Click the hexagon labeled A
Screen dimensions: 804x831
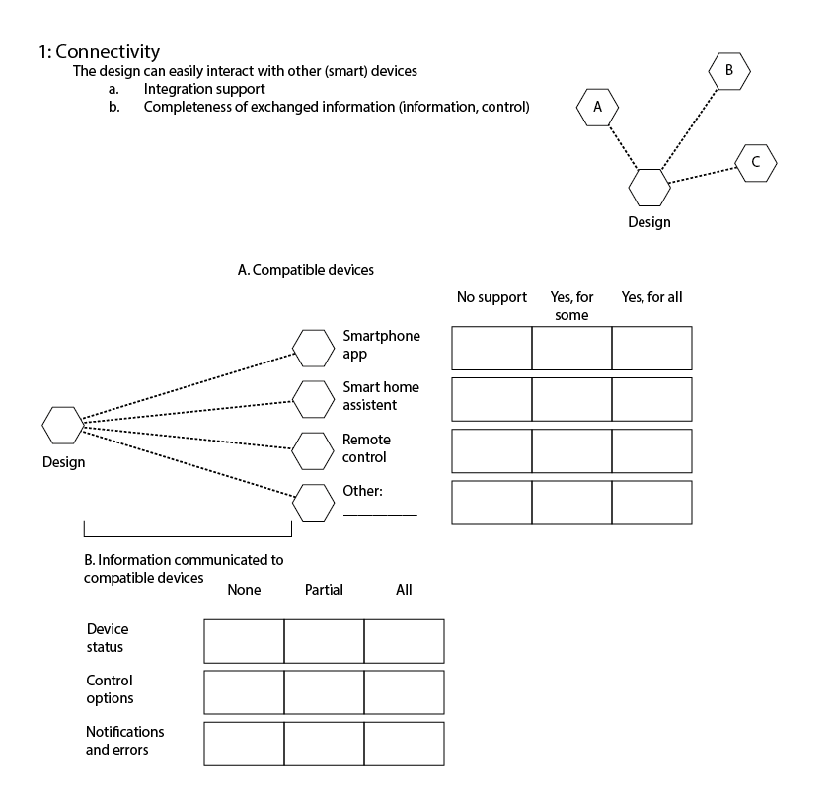click(x=597, y=107)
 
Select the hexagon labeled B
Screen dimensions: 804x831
click(x=729, y=70)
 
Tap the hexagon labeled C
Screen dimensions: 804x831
click(x=756, y=163)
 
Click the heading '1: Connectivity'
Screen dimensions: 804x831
click(x=99, y=52)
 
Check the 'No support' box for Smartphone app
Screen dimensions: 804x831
click(x=491, y=348)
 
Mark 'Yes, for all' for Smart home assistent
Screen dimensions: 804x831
click(x=651, y=399)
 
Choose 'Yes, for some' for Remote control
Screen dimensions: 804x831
click(x=571, y=450)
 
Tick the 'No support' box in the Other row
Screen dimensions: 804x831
click(x=491, y=502)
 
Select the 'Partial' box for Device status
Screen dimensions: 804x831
click(x=324, y=640)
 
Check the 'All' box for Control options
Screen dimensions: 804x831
click(x=404, y=691)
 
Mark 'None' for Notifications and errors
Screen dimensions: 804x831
click(x=244, y=743)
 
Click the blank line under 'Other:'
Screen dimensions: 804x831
click(x=380, y=513)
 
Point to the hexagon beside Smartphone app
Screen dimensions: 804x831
click(x=315, y=347)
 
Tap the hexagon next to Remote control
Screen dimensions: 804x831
click(x=315, y=450)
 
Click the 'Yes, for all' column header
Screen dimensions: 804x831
click(x=651, y=297)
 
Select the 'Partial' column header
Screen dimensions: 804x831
click(x=324, y=590)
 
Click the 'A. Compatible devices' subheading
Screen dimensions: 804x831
click(x=306, y=269)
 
